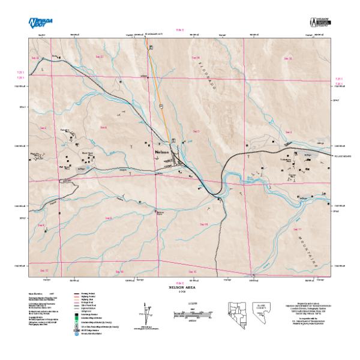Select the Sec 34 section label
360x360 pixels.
point(196,58)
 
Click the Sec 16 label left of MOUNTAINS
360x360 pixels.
point(202,224)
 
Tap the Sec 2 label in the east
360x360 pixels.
point(288,131)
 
